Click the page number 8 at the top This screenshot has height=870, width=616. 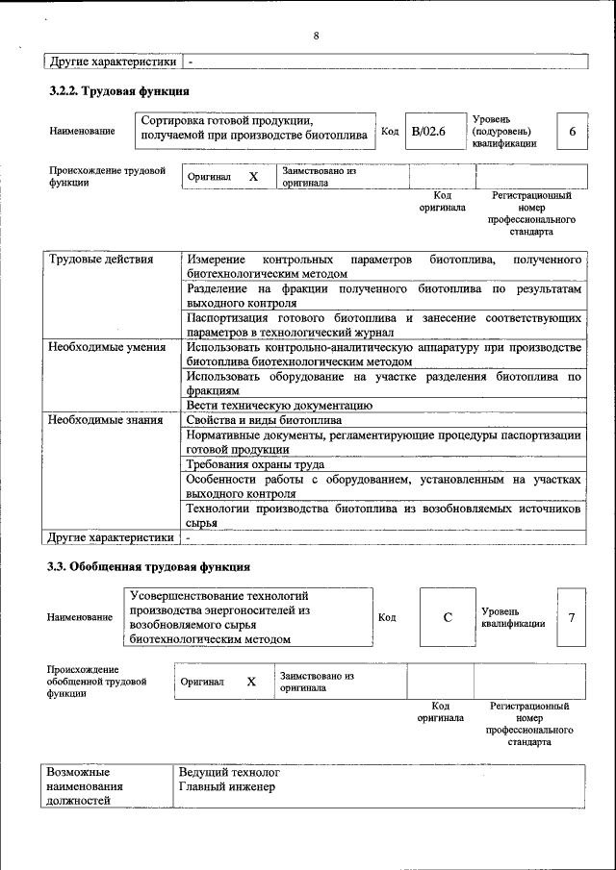click(x=316, y=37)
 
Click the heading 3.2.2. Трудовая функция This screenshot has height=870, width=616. click(x=118, y=91)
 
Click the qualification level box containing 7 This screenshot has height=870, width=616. click(x=572, y=617)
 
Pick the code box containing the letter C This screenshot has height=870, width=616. click(x=448, y=617)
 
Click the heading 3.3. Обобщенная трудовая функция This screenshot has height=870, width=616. click(x=149, y=566)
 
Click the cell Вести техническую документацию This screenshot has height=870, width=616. click(x=273, y=406)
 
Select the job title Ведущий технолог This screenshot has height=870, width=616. click(x=229, y=772)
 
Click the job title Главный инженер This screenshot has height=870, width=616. click(x=227, y=787)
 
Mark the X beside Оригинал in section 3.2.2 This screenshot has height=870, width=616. click(x=253, y=177)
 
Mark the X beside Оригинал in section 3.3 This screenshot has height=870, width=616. click(x=251, y=682)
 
